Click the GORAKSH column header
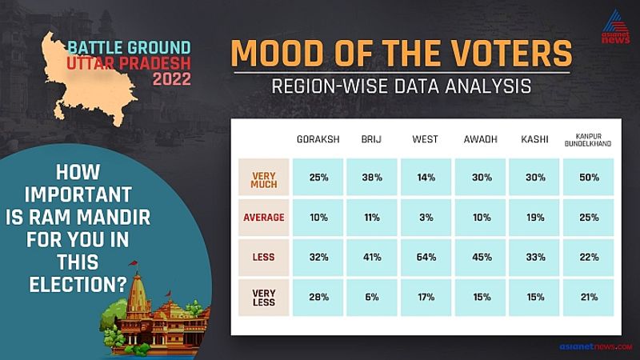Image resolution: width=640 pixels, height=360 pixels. click(318, 139)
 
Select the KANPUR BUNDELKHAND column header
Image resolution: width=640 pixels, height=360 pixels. click(588, 140)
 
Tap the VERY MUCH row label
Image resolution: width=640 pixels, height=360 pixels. click(264, 180)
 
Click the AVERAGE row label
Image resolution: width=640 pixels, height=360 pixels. click(264, 217)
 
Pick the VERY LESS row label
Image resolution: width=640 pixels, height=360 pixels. click(264, 298)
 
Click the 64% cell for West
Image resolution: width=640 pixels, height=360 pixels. click(426, 257)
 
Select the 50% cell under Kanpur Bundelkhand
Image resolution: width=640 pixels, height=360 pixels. click(589, 177)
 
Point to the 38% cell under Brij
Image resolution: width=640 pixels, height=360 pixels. click(372, 177)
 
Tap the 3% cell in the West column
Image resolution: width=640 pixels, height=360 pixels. click(426, 217)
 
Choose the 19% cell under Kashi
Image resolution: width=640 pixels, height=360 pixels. click(534, 217)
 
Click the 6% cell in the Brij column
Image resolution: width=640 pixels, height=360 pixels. click(372, 297)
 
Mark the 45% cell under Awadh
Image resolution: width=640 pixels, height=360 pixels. click(481, 257)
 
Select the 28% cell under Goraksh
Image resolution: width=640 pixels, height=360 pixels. click(318, 297)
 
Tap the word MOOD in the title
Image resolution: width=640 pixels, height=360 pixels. click(278, 54)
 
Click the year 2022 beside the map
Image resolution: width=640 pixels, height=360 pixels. click(172, 78)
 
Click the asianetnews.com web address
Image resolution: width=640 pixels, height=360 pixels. click(595, 346)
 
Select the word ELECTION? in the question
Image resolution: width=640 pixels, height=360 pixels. click(78, 285)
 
